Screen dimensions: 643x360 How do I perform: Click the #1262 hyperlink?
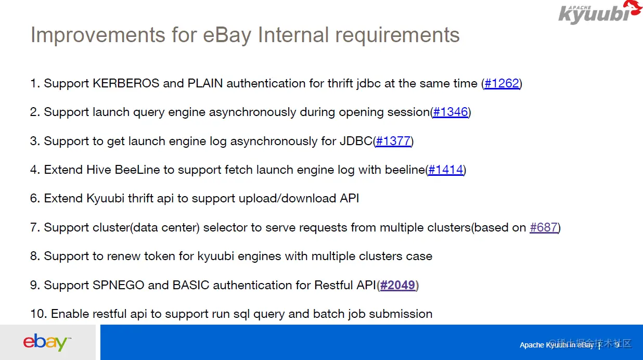(x=502, y=84)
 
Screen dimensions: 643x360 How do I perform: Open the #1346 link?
(x=451, y=112)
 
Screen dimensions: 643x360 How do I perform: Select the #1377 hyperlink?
(x=393, y=142)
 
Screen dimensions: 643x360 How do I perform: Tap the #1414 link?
(x=445, y=170)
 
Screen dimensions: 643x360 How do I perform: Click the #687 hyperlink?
(x=544, y=227)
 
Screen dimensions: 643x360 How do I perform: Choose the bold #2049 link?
(x=397, y=285)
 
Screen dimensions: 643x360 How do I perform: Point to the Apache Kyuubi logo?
(x=599, y=12)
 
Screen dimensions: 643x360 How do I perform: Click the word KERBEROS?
(x=126, y=84)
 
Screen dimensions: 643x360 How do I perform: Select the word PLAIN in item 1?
(x=205, y=84)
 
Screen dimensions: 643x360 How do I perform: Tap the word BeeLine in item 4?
(x=137, y=170)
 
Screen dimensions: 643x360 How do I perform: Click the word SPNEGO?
(x=118, y=285)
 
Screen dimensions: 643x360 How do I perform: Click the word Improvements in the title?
(x=98, y=35)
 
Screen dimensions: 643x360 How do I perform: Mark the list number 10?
(x=38, y=314)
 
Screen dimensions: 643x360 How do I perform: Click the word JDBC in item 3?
(x=356, y=142)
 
